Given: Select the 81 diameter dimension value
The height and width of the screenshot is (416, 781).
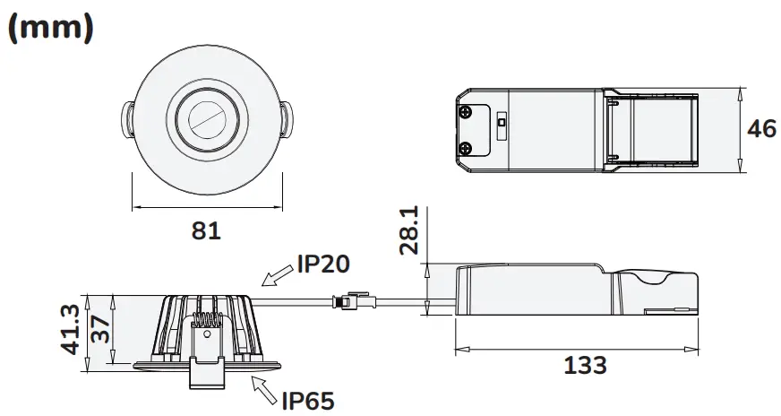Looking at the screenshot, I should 206,230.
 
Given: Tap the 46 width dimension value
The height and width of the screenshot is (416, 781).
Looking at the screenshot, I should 761,129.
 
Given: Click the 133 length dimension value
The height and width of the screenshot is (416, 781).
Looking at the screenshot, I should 585,366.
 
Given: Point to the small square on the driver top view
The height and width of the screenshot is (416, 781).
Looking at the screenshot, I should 502,119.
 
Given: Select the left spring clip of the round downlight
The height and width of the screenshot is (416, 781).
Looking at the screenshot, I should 127,119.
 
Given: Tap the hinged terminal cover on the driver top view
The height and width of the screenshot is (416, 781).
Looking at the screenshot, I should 652,129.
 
